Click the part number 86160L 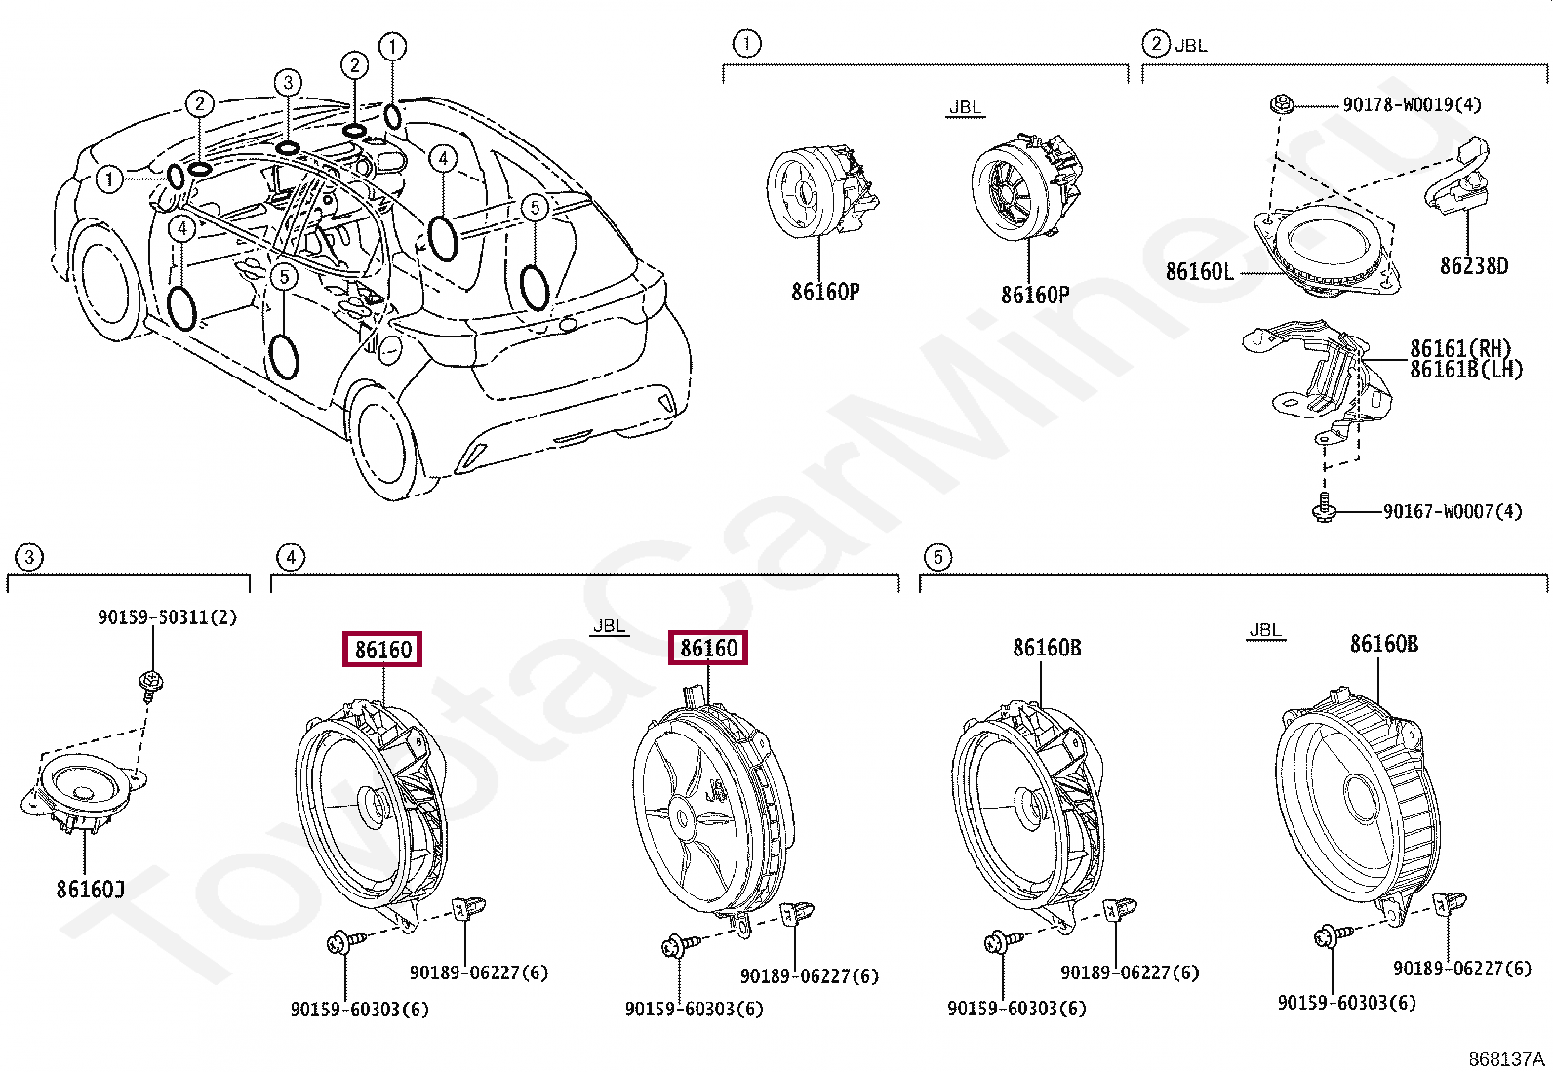pyautogui.click(x=1199, y=271)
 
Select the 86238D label pyautogui.click(x=1473, y=265)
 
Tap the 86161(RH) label pyautogui.click(x=1459, y=348)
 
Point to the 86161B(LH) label pyautogui.click(x=1465, y=369)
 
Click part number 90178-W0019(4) pyautogui.click(x=1411, y=104)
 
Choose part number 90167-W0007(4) pyautogui.click(x=1452, y=511)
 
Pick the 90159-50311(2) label pyautogui.click(x=167, y=616)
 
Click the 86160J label pyautogui.click(x=90, y=889)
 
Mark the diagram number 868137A pyautogui.click(x=1506, y=1059)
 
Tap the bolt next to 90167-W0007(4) pyautogui.click(x=1324, y=507)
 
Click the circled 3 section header pyautogui.click(x=29, y=557)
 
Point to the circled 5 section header pyautogui.click(x=936, y=557)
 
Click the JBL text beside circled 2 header pyautogui.click(x=1190, y=45)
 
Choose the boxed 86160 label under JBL pyautogui.click(x=707, y=648)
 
